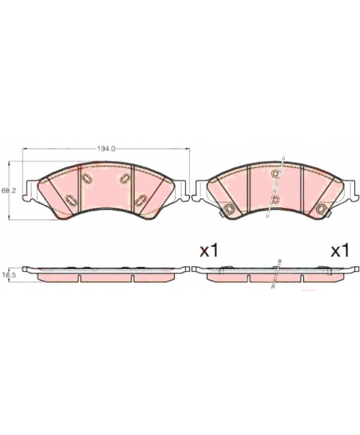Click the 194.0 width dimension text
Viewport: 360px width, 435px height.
(106, 149)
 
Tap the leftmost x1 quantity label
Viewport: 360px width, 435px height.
(208, 251)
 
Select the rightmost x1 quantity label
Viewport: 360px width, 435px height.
(340, 251)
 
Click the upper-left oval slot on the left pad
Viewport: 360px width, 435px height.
(87, 178)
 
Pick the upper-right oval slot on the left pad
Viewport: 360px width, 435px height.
(126, 178)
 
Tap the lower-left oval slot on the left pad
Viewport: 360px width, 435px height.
(71, 200)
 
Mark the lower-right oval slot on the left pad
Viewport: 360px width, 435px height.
(141, 199)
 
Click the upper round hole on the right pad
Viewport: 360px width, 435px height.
(275, 174)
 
